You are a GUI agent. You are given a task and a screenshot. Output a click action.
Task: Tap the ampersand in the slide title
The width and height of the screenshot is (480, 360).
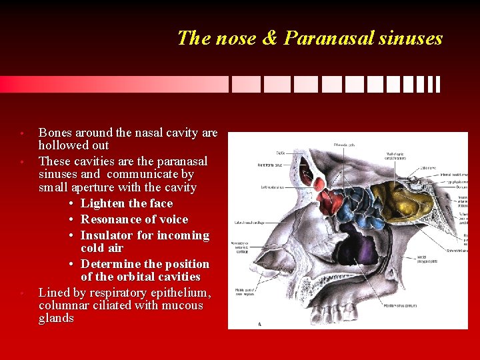[270, 38]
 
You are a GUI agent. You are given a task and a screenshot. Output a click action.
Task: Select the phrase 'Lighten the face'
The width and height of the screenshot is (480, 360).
[126, 204]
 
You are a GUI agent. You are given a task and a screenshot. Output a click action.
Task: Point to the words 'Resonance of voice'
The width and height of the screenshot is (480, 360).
[134, 219]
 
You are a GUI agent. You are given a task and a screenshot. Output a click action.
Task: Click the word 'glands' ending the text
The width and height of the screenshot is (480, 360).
[56, 319]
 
